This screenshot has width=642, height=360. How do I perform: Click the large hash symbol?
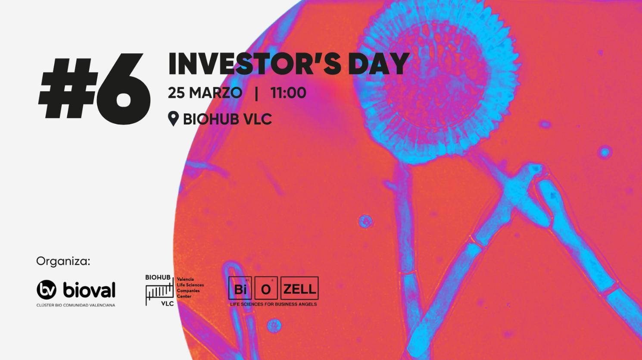67,88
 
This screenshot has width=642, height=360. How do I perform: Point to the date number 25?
176,93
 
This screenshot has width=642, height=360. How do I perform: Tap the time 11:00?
288,93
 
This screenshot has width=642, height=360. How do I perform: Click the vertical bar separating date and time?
257,93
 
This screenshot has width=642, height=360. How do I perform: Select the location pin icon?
173,119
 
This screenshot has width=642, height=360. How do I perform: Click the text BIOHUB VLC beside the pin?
228,119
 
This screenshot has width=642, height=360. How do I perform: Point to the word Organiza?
63,261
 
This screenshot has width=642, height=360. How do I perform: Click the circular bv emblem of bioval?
47,290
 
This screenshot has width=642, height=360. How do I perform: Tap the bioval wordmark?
89,290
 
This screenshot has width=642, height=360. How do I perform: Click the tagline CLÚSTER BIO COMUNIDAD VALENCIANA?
76,305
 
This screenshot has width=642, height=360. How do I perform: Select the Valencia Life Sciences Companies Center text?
190,288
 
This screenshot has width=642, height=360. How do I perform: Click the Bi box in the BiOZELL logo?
240,289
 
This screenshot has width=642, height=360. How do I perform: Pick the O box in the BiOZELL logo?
266,289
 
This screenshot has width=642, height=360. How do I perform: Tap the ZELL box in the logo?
299,289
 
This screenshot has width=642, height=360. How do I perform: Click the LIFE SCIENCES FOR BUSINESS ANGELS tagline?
273,304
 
